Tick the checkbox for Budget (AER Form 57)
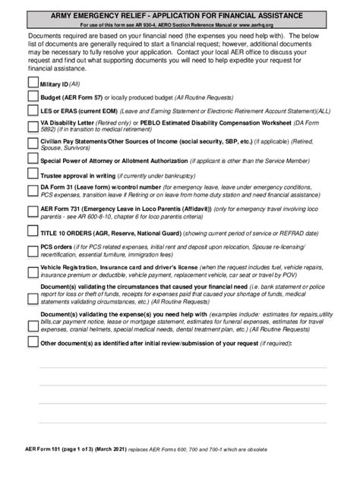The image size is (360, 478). (x=32, y=97)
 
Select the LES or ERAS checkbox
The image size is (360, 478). (x=32, y=110)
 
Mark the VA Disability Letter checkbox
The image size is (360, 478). (x=32, y=125)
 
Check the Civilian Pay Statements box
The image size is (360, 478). (x=32, y=145)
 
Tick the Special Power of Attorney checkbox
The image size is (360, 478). (x=32, y=161)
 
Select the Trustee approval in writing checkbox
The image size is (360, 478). (x=32, y=176)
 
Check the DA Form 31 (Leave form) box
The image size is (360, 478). (x=32, y=190)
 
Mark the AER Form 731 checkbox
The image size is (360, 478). (x=32, y=210)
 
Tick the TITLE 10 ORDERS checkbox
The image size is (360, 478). (x=32, y=231)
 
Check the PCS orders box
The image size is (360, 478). (x=32, y=250)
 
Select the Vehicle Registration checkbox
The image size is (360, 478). (x=32, y=271)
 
